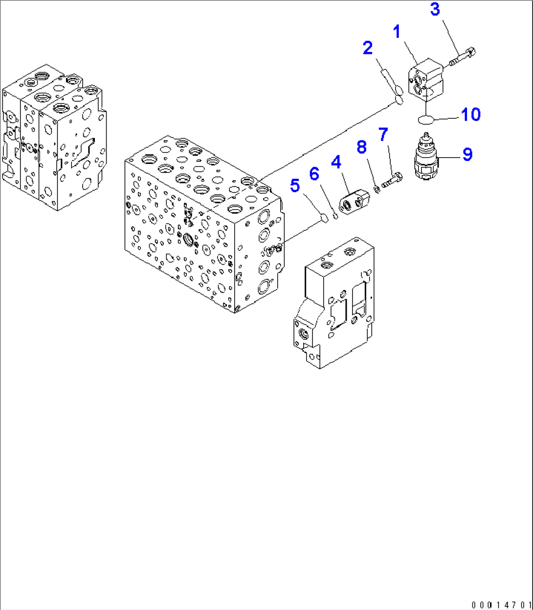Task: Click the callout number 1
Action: pyautogui.click(x=397, y=33)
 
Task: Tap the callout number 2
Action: pyautogui.click(x=368, y=48)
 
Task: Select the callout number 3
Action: pyautogui.click(x=435, y=9)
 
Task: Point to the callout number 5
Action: pyautogui.click(x=295, y=185)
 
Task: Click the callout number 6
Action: pyautogui.click(x=314, y=173)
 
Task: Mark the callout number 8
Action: pyautogui.click(x=361, y=147)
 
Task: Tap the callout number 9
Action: pyautogui.click(x=467, y=155)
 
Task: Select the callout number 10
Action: pyautogui.click(x=470, y=114)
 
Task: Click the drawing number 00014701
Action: pyautogui.click(x=501, y=604)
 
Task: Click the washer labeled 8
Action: pyautogui.click(x=377, y=189)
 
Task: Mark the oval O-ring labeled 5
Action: pyautogui.click(x=323, y=217)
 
